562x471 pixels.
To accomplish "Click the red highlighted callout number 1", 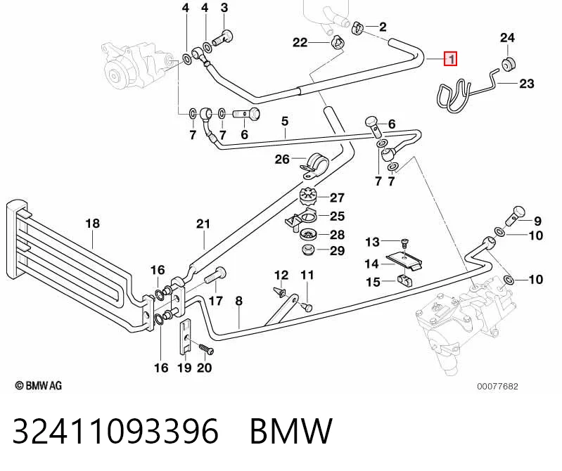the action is [x=451, y=59].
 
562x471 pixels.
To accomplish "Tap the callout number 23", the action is [x=527, y=84].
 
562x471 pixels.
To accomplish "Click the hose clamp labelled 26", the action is [x=314, y=166].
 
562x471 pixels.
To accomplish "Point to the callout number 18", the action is [x=92, y=224].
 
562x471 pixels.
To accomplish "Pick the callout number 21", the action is [x=203, y=224].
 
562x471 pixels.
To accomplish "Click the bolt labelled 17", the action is [x=215, y=276].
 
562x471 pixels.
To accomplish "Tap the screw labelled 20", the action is [x=206, y=349].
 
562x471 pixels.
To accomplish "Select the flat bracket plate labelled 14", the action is [x=404, y=261].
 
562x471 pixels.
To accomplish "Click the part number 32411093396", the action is [x=115, y=430].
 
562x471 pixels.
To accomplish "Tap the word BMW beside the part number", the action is [x=291, y=430].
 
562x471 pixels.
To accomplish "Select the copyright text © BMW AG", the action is [x=39, y=386].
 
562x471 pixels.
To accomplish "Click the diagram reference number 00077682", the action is [x=497, y=387].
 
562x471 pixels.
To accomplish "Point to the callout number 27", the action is [x=337, y=198].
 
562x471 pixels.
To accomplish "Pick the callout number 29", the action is [x=337, y=251].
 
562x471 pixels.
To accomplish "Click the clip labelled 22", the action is [x=337, y=43].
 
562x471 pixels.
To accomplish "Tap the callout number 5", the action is [x=285, y=122].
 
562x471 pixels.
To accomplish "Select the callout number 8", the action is [x=239, y=301].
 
